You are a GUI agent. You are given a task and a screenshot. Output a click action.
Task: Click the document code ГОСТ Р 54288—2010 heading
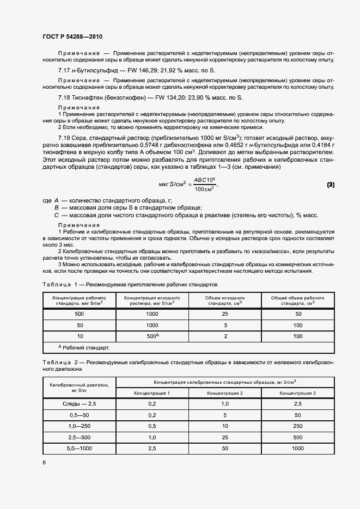pos(72,36)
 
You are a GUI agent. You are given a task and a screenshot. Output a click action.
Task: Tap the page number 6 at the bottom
pos(45,462)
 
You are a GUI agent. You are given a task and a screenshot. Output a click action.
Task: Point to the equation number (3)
pos(331,185)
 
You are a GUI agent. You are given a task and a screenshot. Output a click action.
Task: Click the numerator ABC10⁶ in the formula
pos(205,181)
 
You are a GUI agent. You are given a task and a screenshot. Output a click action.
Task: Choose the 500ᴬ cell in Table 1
pos(152,336)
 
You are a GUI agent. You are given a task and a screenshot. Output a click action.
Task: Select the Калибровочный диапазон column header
pos(80,387)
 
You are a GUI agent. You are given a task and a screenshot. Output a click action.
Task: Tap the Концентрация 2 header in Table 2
pos(225,393)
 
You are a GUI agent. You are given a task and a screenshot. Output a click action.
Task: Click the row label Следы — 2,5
pos(80,404)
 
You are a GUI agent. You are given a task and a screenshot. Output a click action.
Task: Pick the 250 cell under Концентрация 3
pos(297,426)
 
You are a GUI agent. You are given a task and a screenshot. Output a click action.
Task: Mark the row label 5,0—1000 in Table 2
pos(80,448)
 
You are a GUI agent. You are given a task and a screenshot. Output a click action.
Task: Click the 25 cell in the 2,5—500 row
pos(225,437)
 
